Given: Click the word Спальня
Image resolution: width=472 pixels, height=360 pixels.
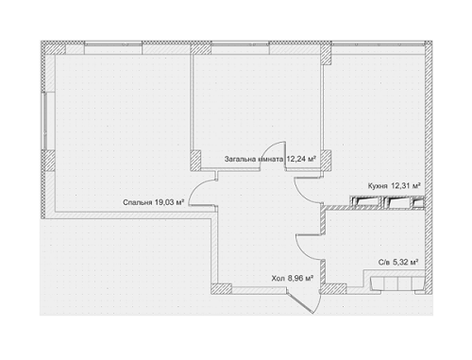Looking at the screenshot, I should (138, 201).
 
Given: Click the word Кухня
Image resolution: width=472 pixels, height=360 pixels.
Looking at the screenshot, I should (379, 187).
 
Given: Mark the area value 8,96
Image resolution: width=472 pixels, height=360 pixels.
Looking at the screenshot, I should (300, 279).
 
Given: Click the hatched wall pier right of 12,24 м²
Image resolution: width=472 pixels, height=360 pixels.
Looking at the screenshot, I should (327, 156).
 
